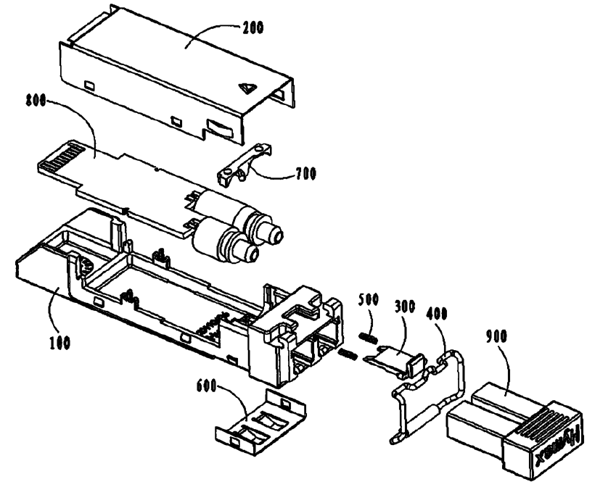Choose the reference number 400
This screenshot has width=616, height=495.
pos(440,315)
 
